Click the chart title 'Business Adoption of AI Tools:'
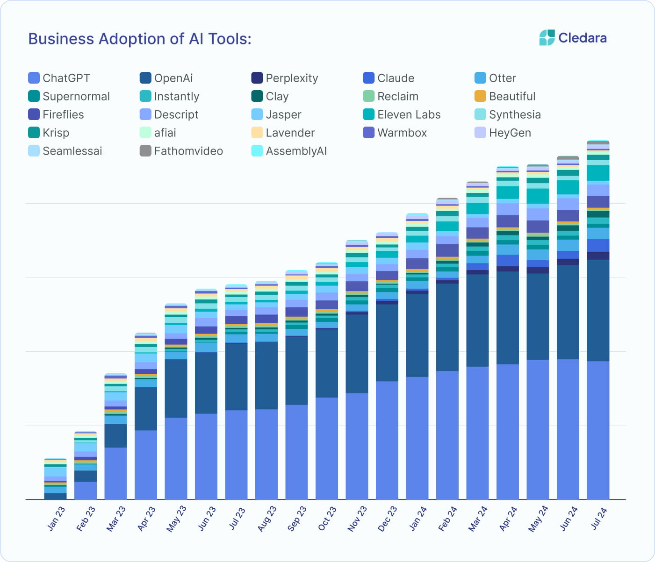point(140,39)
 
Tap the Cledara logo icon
point(547,38)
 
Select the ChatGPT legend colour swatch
point(34,78)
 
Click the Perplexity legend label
point(292,78)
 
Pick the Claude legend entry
point(396,78)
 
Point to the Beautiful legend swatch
point(480,96)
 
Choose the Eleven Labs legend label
point(409,114)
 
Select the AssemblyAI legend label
point(296,151)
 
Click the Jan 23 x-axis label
point(57,518)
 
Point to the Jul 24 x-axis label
point(599,518)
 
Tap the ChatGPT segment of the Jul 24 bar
point(598,430)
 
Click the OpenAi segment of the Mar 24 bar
point(477,320)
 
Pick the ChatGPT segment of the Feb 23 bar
point(86,491)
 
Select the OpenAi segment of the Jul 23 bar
point(236,377)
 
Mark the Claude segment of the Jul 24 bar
point(598,245)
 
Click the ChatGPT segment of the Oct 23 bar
point(327,448)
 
